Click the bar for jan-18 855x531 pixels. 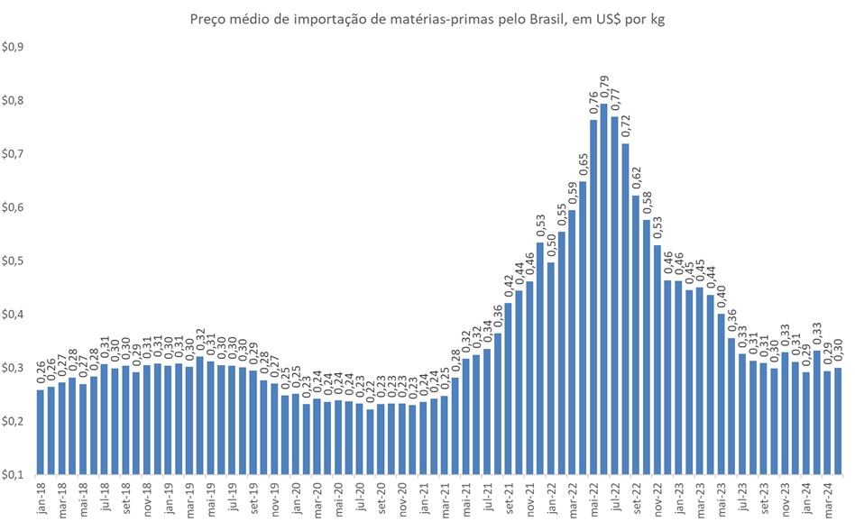point(41,432)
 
